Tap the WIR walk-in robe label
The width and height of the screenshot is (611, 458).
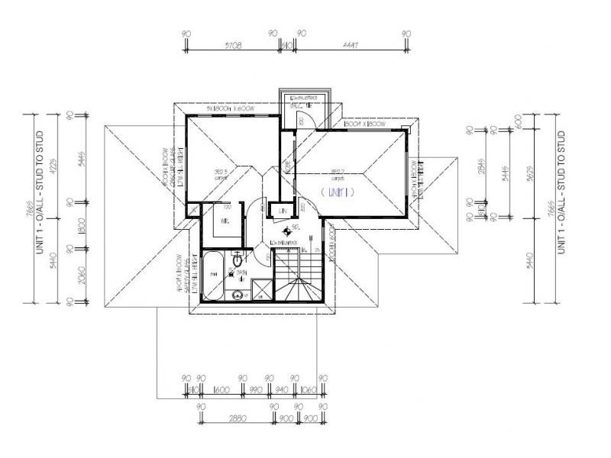coord(225,221)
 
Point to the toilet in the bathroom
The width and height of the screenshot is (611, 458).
coord(239,262)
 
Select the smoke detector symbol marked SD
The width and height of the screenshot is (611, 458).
coord(287,230)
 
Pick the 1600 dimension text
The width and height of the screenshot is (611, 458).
coord(221,390)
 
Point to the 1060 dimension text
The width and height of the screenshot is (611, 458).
coord(309,390)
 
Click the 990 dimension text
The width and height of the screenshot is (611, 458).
coord(255,390)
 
